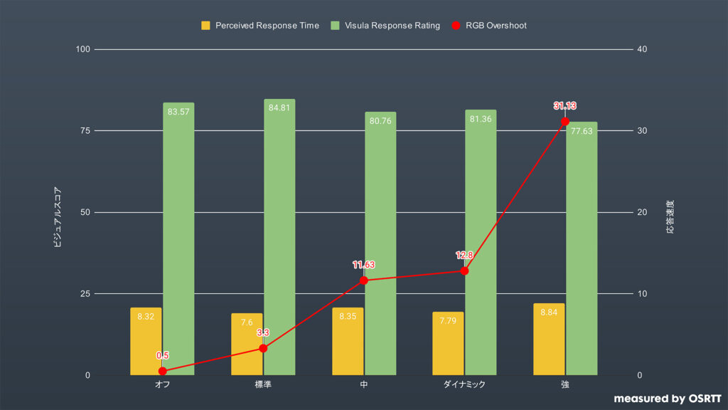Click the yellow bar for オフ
point(146,342)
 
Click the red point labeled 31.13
point(565,122)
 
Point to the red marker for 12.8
point(464,270)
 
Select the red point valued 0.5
point(162,371)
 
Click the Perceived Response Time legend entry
point(260,26)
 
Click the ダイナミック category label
point(464,384)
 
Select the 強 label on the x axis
point(565,384)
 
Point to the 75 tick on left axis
point(85,131)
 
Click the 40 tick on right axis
point(643,49)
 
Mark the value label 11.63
point(363,265)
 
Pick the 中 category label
point(363,384)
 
